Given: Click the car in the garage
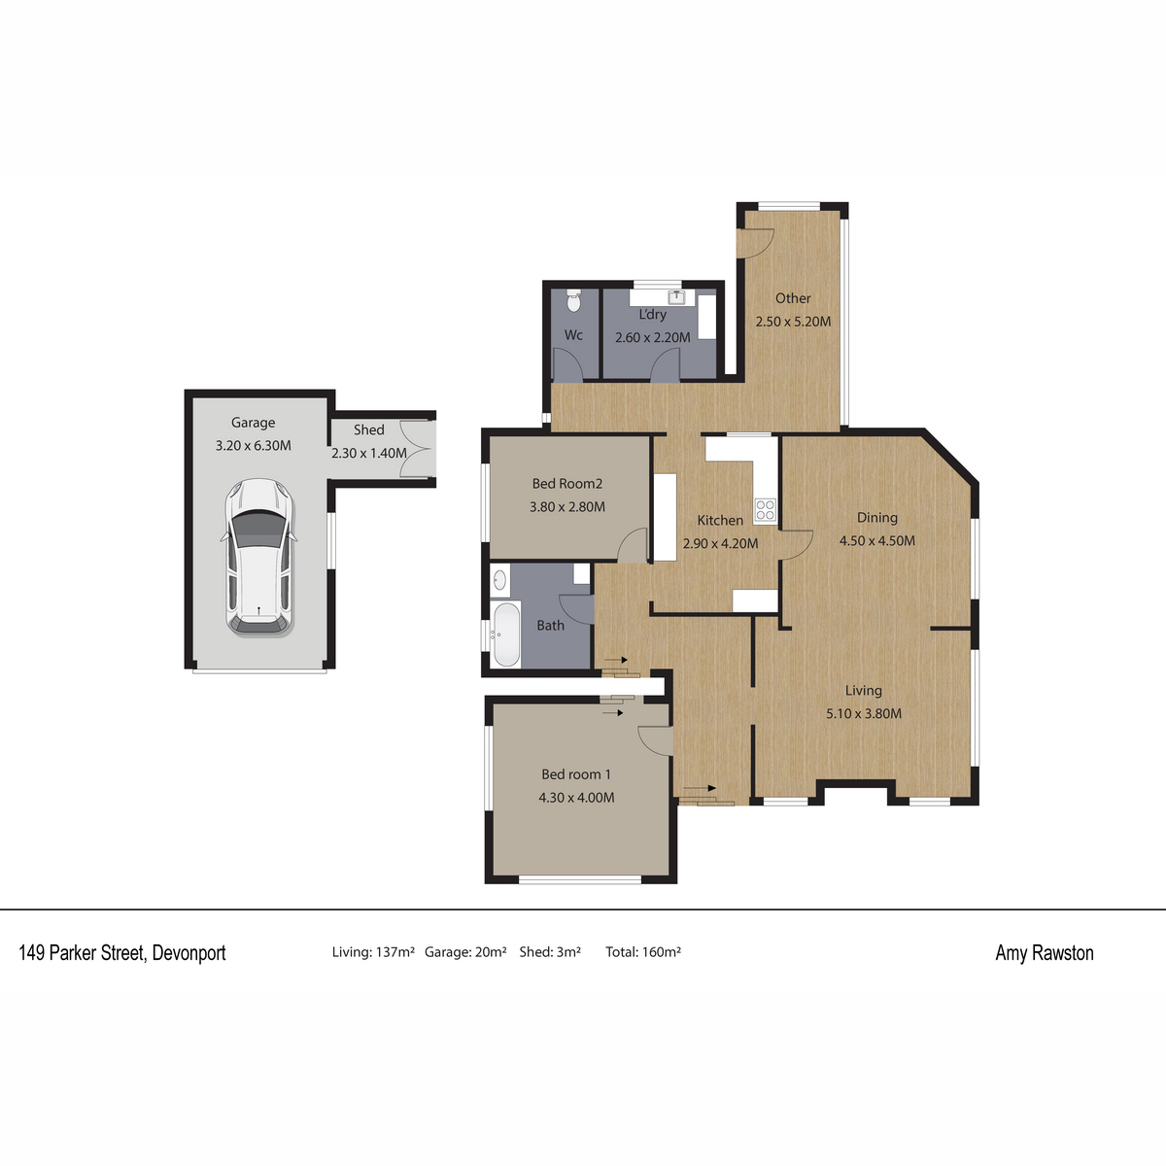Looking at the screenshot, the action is click(x=260, y=557).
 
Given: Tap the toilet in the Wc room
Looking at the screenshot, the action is click(x=573, y=300).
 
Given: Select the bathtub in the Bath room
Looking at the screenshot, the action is click(x=506, y=634).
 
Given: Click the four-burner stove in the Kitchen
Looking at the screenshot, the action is click(x=765, y=509).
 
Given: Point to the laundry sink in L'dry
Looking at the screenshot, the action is click(x=676, y=297).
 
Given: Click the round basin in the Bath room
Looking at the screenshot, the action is click(x=499, y=580).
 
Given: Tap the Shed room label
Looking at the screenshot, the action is click(x=369, y=429).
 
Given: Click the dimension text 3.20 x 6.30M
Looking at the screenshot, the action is click(x=253, y=446).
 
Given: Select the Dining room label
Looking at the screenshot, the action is click(x=876, y=518).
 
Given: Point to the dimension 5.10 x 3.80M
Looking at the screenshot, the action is click(x=864, y=713).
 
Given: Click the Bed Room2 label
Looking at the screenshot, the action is click(x=566, y=484).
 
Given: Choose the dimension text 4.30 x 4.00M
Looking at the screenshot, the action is click(x=576, y=798).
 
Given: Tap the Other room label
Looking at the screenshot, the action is click(x=793, y=298).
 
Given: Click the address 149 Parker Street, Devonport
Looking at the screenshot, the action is click(x=122, y=953).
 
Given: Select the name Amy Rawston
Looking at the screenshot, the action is click(x=1045, y=953).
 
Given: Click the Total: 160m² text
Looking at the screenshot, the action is click(x=643, y=952).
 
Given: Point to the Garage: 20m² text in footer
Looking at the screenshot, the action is click(x=465, y=952).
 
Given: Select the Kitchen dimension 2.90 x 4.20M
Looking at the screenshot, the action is click(x=720, y=543).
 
